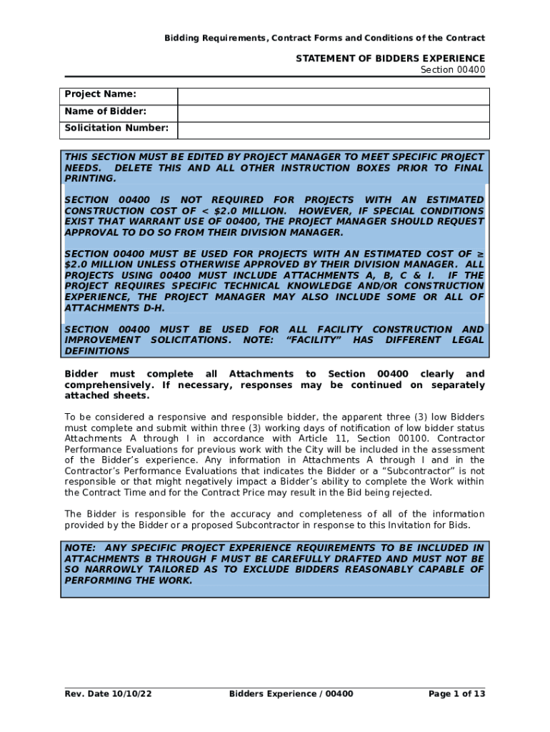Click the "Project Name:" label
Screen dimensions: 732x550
100,95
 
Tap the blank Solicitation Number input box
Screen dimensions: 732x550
333,129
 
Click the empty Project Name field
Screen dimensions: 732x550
333,96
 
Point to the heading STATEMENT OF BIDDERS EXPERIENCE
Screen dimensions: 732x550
390,59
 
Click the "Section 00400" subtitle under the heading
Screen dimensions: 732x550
452,70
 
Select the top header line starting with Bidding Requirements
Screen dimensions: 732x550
324,38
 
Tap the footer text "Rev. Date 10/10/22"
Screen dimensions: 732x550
108,694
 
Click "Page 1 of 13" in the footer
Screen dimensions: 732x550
456,694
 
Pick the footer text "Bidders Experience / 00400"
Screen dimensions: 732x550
291,694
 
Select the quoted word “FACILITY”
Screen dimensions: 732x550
311,340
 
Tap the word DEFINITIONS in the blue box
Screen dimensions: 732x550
97,352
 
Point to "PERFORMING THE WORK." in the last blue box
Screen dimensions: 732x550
129,580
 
